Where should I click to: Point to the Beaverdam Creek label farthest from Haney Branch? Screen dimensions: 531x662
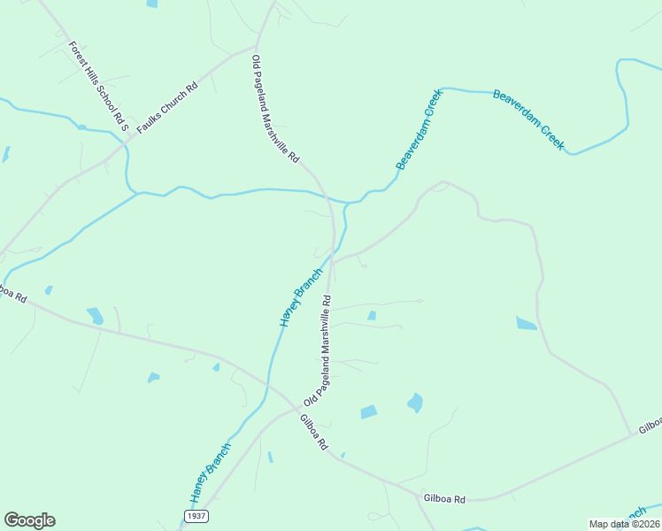pyautogui.click(x=528, y=120)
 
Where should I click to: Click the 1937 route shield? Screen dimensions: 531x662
pyautogui.click(x=196, y=514)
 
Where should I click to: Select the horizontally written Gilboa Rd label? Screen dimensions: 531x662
pyautogui.click(x=444, y=499)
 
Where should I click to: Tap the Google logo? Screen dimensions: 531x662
pyautogui.click(x=29, y=520)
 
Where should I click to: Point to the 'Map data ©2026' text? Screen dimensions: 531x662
pyautogui.click(x=625, y=524)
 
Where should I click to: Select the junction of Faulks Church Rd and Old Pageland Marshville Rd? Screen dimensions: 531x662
pyautogui.click(x=258, y=46)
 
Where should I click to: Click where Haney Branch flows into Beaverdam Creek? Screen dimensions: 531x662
pyautogui.click(x=346, y=204)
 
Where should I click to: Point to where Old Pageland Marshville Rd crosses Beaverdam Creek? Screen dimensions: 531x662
pyautogui.click(x=328, y=196)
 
